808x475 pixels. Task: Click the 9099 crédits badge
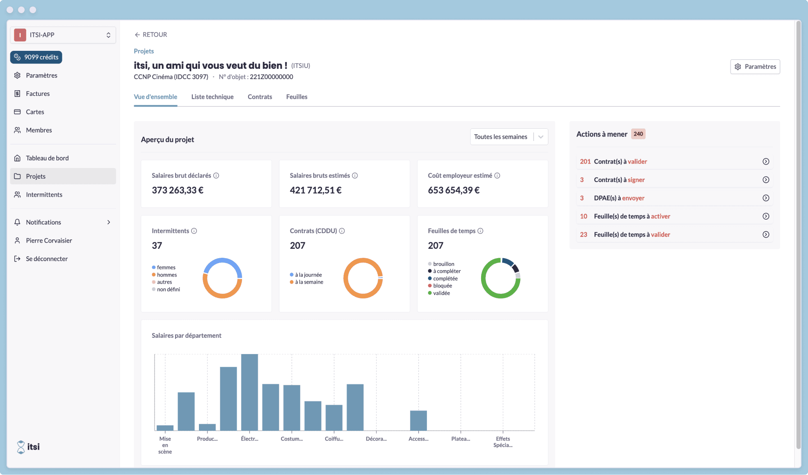click(x=36, y=57)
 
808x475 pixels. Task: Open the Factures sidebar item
click(x=37, y=93)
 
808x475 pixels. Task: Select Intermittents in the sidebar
click(x=44, y=195)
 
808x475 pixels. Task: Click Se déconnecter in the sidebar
click(x=46, y=259)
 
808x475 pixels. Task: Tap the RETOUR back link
click(x=151, y=34)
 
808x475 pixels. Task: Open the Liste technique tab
click(x=212, y=97)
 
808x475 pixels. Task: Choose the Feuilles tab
click(x=297, y=97)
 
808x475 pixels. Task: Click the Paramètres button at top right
click(x=755, y=66)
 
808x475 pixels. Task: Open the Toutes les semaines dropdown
click(x=509, y=137)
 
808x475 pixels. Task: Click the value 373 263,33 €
click(x=177, y=190)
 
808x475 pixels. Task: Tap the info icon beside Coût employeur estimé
click(x=497, y=175)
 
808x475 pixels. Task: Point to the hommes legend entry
click(x=167, y=275)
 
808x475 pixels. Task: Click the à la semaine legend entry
click(x=309, y=282)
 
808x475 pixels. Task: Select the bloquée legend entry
click(x=442, y=286)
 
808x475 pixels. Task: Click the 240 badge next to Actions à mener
click(x=638, y=134)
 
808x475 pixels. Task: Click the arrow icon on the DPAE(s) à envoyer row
click(x=765, y=198)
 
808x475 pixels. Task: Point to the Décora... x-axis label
click(x=376, y=439)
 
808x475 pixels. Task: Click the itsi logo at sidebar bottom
click(x=28, y=447)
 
